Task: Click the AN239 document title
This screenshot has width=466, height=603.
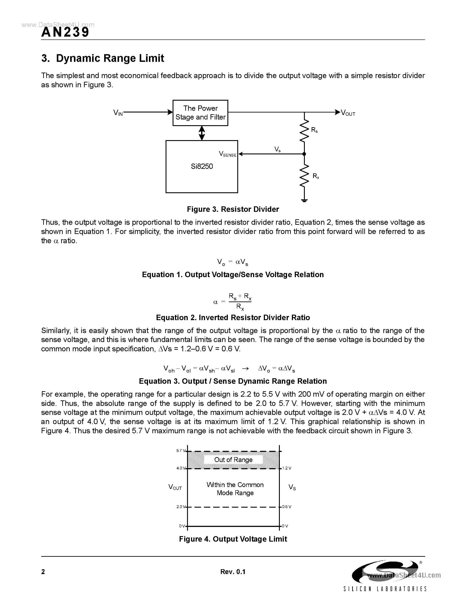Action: pos(65,32)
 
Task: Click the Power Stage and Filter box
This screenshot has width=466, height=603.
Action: pos(200,113)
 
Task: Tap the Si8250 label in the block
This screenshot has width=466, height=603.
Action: pos(202,166)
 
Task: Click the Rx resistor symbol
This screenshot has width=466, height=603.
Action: pos(304,176)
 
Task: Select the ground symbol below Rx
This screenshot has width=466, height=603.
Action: pos(304,200)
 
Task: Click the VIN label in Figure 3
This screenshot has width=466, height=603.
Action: pos(118,113)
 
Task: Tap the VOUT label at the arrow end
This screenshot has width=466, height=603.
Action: pos(348,113)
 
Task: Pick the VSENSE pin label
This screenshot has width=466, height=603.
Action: pos(227,154)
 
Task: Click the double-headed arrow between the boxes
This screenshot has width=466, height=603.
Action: pos(202,133)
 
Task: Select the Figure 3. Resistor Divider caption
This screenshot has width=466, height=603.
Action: pos(233,209)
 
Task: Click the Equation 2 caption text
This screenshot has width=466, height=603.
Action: pos(233,318)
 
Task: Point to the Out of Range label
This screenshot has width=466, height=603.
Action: pos(233,460)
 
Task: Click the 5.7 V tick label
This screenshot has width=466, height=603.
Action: pos(180,451)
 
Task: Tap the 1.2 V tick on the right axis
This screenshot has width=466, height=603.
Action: pos(287,468)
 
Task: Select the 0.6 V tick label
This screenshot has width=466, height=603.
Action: pos(287,507)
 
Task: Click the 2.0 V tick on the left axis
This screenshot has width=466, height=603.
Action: pos(180,507)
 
